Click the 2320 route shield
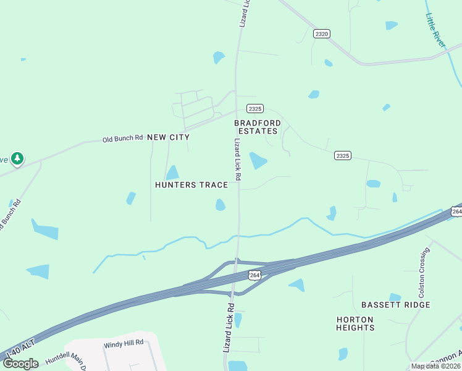tap(321, 33)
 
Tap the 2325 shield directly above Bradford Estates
tap(256, 108)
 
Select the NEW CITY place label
tap(169, 137)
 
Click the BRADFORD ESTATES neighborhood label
tap(258, 127)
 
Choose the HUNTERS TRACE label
tap(191, 185)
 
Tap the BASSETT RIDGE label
tap(395, 305)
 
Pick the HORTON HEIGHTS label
tap(355, 323)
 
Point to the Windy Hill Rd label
tap(124, 343)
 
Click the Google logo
tap(20, 364)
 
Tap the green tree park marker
tap(18, 159)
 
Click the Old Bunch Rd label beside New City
tap(122, 138)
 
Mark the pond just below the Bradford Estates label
tap(258, 161)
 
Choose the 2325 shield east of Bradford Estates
tap(343, 156)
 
